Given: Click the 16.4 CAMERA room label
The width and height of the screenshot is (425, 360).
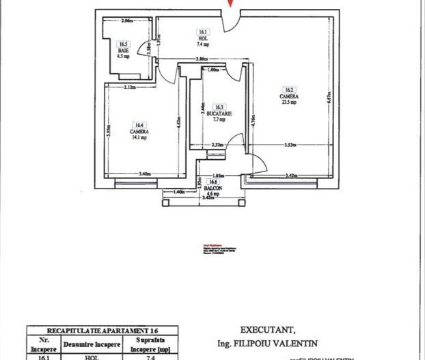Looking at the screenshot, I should pos(139,130).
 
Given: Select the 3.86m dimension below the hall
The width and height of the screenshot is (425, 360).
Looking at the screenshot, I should pos(201,61).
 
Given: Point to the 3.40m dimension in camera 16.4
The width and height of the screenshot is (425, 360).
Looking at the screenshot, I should pos(145,174).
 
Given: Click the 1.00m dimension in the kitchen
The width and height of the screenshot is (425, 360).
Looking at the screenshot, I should pos(212,69).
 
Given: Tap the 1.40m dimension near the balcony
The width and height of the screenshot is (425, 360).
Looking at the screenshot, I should pos(180,193).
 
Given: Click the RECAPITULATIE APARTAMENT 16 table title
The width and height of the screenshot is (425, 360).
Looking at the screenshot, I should pos(102,329).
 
